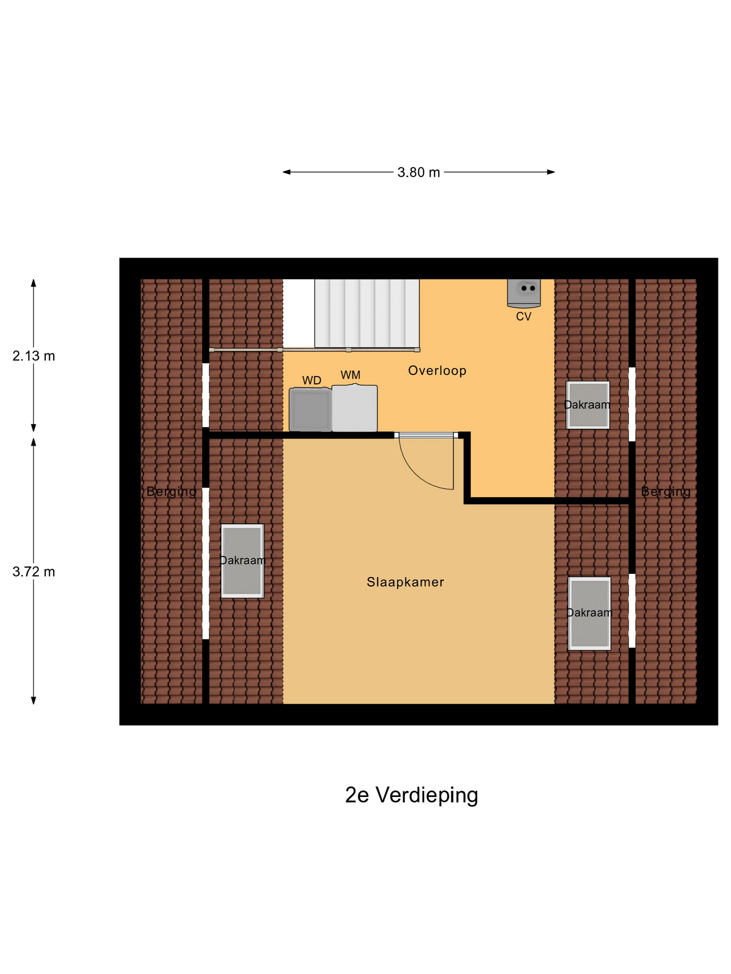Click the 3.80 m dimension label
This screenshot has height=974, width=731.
[x=418, y=172]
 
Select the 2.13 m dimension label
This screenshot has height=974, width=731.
[x=33, y=356]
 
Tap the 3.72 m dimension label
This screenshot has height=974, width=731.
[x=33, y=572]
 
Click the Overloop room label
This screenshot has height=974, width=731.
[x=437, y=371]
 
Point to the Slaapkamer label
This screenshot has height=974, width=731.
[x=405, y=582]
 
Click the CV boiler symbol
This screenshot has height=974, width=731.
[x=524, y=293]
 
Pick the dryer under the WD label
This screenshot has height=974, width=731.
[x=310, y=409]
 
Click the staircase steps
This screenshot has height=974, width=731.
[x=366, y=313]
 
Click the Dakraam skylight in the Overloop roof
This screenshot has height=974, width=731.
[x=587, y=405]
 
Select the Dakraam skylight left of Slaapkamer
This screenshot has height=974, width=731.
[x=242, y=560]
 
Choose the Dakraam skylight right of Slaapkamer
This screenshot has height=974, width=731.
[x=589, y=613]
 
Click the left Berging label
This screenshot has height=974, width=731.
[x=171, y=492]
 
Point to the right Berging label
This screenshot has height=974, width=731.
[x=665, y=492]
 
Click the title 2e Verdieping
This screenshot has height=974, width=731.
[x=411, y=795]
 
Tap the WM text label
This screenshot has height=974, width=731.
[x=350, y=375]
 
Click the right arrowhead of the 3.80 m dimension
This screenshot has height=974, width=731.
[x=551, y=172]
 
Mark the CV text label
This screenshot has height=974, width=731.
[x=524, y=316]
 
